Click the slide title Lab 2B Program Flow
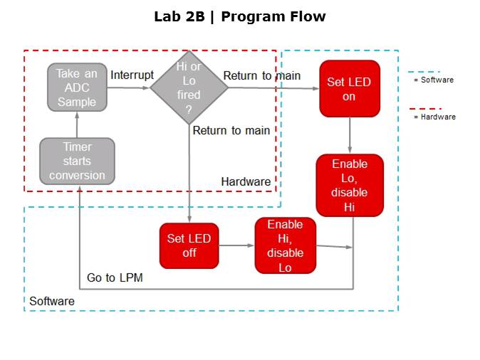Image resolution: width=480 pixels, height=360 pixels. point(239,16)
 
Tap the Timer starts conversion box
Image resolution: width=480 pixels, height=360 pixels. point(77,161)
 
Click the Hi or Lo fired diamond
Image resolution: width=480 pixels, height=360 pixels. point(189,88)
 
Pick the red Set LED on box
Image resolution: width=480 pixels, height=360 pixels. point(349,88)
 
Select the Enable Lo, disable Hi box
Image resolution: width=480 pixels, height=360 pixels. point(350,185)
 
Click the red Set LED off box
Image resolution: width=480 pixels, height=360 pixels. point(189,245)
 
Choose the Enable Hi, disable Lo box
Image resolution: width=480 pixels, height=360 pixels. point(285,245)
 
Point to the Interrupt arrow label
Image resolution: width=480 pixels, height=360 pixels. point(132,75)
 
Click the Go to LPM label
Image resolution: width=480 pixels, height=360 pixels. point(115,277)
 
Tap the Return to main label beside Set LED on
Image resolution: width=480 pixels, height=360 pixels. point(261,75)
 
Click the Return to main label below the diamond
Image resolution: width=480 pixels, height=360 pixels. point(231,130)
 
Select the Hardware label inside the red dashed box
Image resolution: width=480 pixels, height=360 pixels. point(246,181)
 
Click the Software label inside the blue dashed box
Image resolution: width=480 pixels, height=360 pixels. point(52,302)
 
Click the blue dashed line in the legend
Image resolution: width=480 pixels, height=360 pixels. point(423,72)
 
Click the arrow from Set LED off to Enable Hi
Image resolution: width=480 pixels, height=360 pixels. point(236,245)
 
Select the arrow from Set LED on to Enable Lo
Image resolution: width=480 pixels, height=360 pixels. point(350,135)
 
